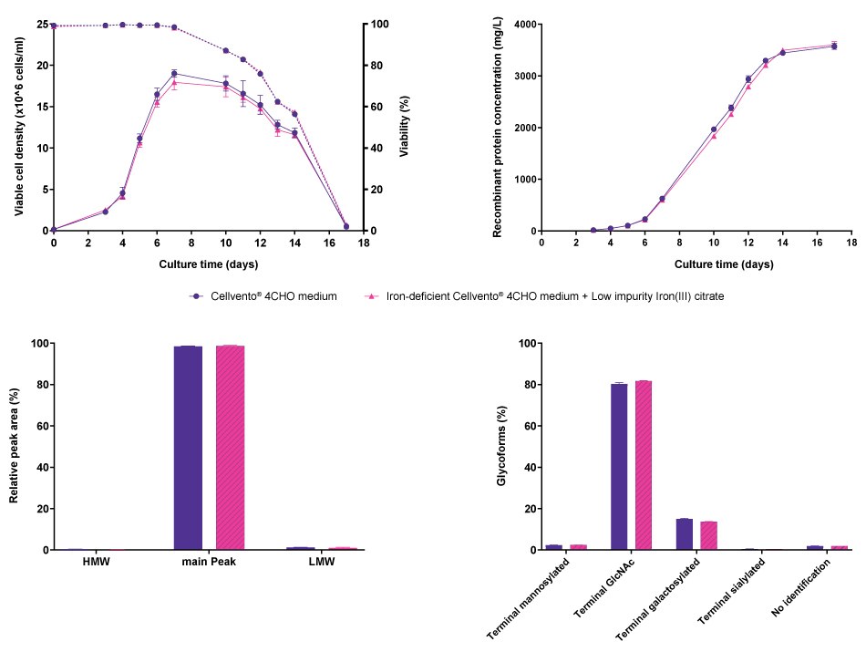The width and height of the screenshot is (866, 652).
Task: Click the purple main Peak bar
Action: pos(188,448)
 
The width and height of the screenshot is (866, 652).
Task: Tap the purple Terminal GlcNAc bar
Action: pos(619,466)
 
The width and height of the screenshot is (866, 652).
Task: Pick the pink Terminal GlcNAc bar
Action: pos(644,465)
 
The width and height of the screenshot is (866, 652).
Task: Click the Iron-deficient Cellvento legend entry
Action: pos(545,296)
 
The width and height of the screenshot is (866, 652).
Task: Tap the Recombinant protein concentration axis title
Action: pos(498,128)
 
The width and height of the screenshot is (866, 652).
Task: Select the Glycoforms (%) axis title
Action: pos(502,447)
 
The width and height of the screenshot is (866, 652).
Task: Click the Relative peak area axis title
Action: pos(15,447)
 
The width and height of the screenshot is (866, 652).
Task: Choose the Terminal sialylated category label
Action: pos(729,593)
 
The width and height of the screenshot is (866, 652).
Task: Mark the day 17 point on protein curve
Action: pos(833,46)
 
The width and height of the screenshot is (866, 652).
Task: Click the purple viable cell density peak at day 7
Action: pos(173,73)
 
